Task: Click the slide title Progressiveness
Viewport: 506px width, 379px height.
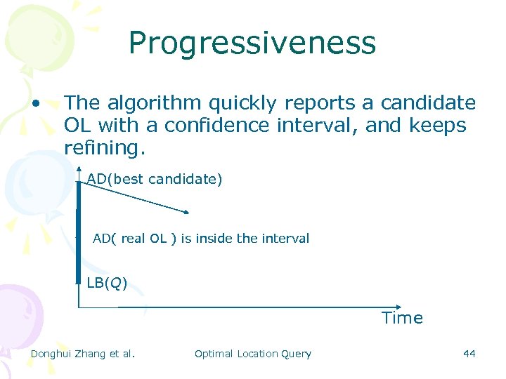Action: point(252,43)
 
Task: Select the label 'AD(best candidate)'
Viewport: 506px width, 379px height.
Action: point(155,179)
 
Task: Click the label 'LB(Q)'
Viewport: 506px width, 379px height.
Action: point(107,283)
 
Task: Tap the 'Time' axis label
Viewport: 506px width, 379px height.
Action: point(402,318)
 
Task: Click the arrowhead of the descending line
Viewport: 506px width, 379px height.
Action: point(186,211)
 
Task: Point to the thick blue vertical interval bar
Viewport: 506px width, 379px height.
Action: point(79,232)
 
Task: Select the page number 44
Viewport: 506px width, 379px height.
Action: point(469,354)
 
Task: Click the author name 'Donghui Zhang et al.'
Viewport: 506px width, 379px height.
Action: point(82,354)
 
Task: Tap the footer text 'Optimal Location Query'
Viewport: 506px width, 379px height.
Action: point(252,354)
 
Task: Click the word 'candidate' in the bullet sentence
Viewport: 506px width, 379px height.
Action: point(428,103)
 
